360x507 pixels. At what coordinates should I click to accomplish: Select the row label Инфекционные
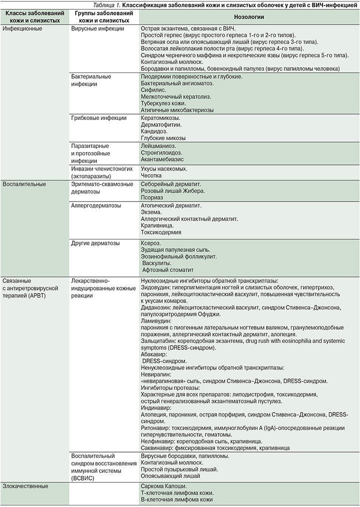(22, 29)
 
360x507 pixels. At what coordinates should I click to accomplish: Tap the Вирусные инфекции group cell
(98, 29)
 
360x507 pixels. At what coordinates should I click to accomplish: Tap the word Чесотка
(153, 176)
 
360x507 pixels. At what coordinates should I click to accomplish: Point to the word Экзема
(151, 212)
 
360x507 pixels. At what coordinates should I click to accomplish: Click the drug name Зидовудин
(157, 287)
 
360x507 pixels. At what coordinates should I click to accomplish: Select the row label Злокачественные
(26, 486)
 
